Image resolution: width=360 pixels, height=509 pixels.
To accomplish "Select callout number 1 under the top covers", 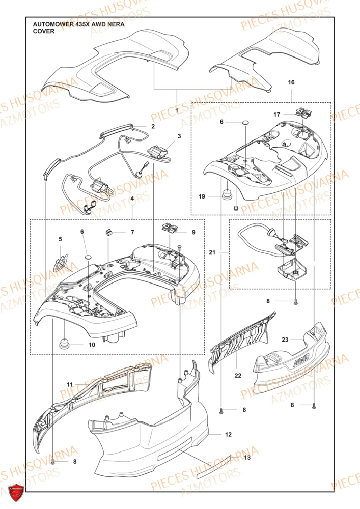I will [177, 110].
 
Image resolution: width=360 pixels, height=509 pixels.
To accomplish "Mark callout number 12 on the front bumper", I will [228, 435].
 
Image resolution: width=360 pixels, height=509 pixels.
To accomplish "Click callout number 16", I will [291, 82].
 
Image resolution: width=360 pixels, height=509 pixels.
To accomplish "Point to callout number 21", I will [212, 252].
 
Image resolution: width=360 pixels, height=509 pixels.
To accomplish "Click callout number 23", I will [285, 340].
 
